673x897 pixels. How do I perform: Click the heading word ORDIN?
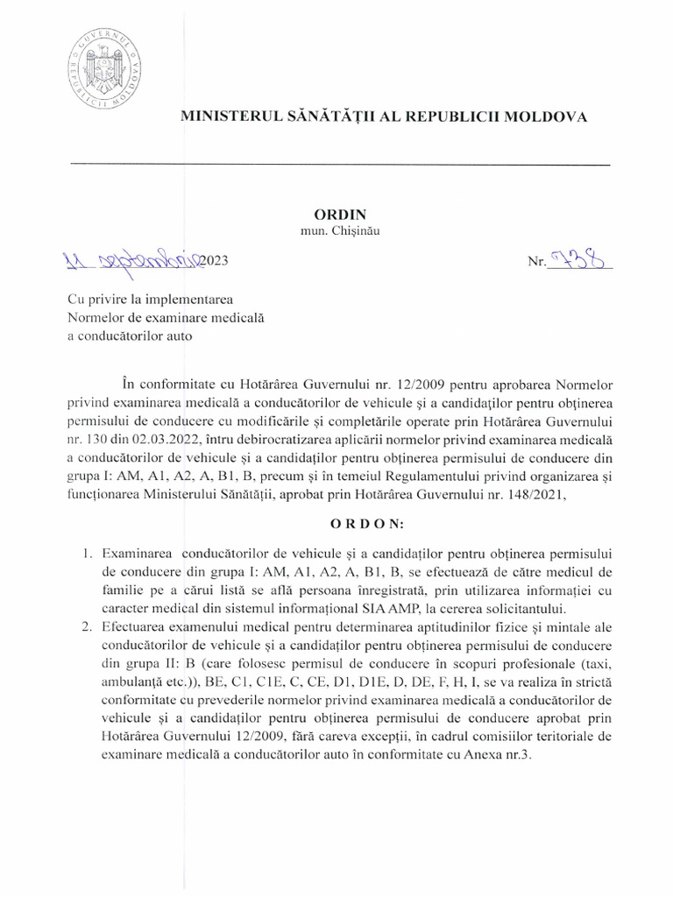point(337,215)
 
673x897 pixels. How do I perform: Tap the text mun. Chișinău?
point(337,232)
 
